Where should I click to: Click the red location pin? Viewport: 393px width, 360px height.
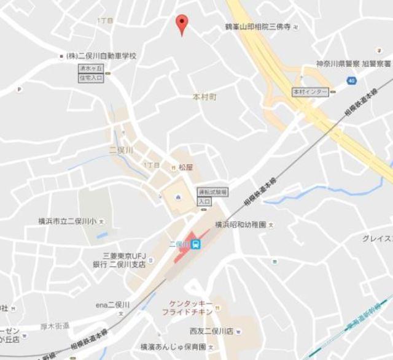click(x=181, y=24)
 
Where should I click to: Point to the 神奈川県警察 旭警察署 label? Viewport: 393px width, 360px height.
click(x=354, y=64)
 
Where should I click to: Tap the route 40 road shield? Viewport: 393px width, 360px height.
click(x=351, y=80)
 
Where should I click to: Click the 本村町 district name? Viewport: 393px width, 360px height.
click(x=205, y=97)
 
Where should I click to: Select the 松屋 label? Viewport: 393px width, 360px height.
click(x=186, y=166)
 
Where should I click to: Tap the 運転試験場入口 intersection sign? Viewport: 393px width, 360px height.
click(x=204, y=196)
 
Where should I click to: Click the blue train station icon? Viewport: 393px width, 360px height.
click(x=195, y=245)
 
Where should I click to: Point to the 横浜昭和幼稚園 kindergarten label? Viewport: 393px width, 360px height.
click(x=241, y=225)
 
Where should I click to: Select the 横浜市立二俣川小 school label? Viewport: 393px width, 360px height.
click(x=68, y=221)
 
